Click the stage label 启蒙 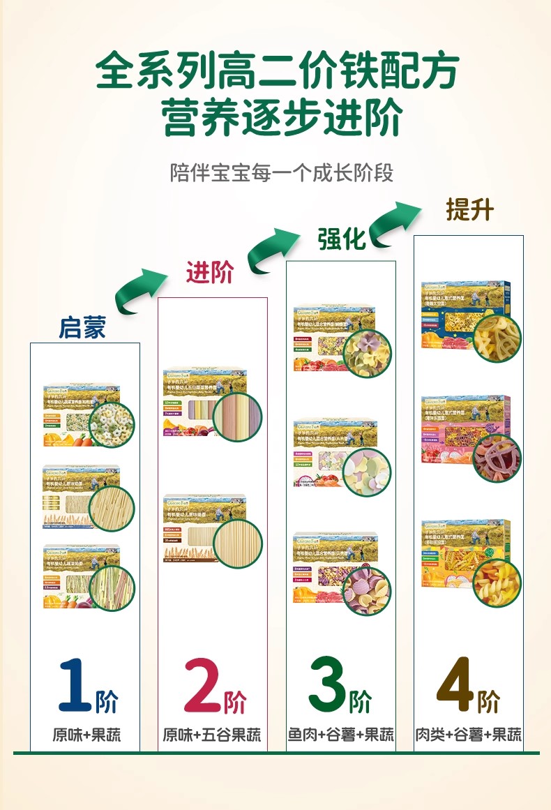82,327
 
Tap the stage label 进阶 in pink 209,272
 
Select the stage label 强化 342,239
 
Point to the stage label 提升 469,209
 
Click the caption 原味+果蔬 86,735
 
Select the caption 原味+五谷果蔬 212,735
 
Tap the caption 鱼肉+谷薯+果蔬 341,735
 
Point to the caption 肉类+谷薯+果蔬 469,735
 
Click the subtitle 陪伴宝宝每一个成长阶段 282,172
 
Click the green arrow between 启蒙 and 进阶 139,289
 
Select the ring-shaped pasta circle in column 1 112,425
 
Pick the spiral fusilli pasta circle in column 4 497,582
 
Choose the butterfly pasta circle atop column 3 367,353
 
